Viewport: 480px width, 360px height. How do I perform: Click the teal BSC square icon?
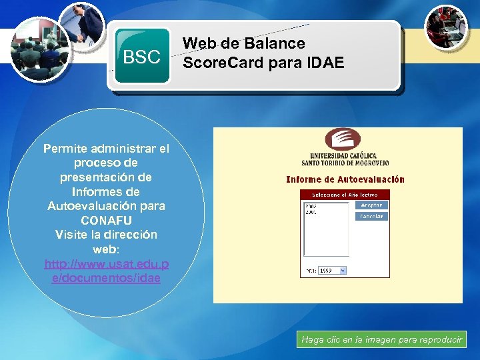click(x=142, y=57)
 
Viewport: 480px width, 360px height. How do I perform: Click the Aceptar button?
click(x=371, y=205)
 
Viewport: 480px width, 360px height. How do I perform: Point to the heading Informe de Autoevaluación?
click(x=345, y=179)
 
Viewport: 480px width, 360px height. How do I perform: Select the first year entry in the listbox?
click(x=311, y=205)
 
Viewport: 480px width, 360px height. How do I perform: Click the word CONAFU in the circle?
click(x=107, y=220)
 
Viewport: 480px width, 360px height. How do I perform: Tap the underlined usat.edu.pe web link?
click(x=107, y=271)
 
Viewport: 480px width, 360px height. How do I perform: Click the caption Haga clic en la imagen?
click(x=382, y=340)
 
